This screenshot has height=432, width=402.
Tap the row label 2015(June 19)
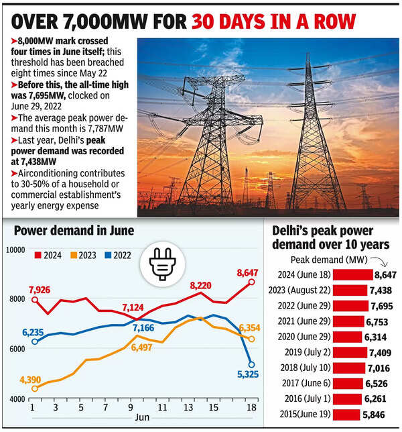pos(302,415)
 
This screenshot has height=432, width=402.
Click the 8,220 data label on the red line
pos(201,286)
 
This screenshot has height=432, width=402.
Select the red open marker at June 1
pos(34,299)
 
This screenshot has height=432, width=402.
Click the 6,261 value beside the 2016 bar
pos(381,399)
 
